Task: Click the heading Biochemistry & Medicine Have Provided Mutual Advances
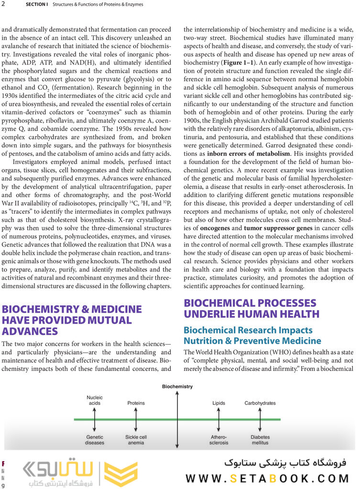(x=72, y=320)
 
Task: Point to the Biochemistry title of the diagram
(x=177, y=386)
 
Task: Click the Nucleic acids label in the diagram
(x=95, y=400)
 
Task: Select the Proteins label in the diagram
(x=136, y=403)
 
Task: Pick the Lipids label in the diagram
(x=218, y=403)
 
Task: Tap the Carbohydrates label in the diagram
(x=260, y=403)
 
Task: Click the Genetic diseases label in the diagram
(x=95, y=440)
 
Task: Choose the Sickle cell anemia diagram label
(x=136, y=440)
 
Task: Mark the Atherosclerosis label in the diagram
(x=218, y=440)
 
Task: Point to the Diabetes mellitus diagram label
(x=260, y=440)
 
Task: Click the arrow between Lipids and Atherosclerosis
(x=218, y=420)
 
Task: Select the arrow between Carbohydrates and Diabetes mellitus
(x=260, y=420)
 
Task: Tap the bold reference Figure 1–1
(x=238, y=62)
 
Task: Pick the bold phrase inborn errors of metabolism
(x=248, y=154)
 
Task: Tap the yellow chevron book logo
(x=121, y=474)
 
